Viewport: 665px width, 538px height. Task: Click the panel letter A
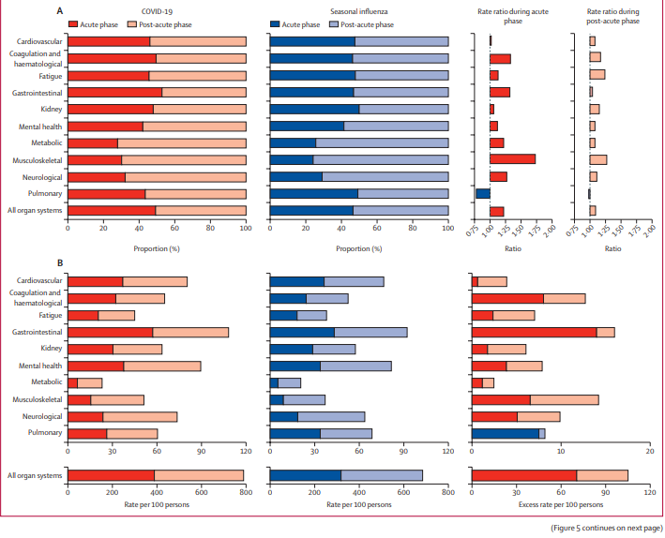coord(61,9)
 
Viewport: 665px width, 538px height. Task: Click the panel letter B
coord(61,266)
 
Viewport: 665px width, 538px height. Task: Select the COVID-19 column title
coord(157,9)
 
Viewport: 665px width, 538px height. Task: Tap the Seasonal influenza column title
coord(358,9)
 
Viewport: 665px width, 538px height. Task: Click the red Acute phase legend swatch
coord(77,22)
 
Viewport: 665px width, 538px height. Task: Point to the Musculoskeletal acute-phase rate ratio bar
coord(512,159)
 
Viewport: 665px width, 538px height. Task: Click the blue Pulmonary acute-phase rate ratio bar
coord(483,194)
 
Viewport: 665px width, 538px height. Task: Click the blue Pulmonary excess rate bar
coord(505,433)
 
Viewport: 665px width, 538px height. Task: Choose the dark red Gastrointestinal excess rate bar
coord(534,332)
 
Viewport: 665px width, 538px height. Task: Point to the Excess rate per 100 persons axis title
coord(559,504)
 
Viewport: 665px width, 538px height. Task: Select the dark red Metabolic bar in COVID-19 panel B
coord(72,382)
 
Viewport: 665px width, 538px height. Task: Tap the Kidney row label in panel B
coord(52,349)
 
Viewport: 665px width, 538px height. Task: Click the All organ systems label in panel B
coord(34,475)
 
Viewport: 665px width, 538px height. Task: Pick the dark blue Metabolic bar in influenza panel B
coord(274,382)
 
